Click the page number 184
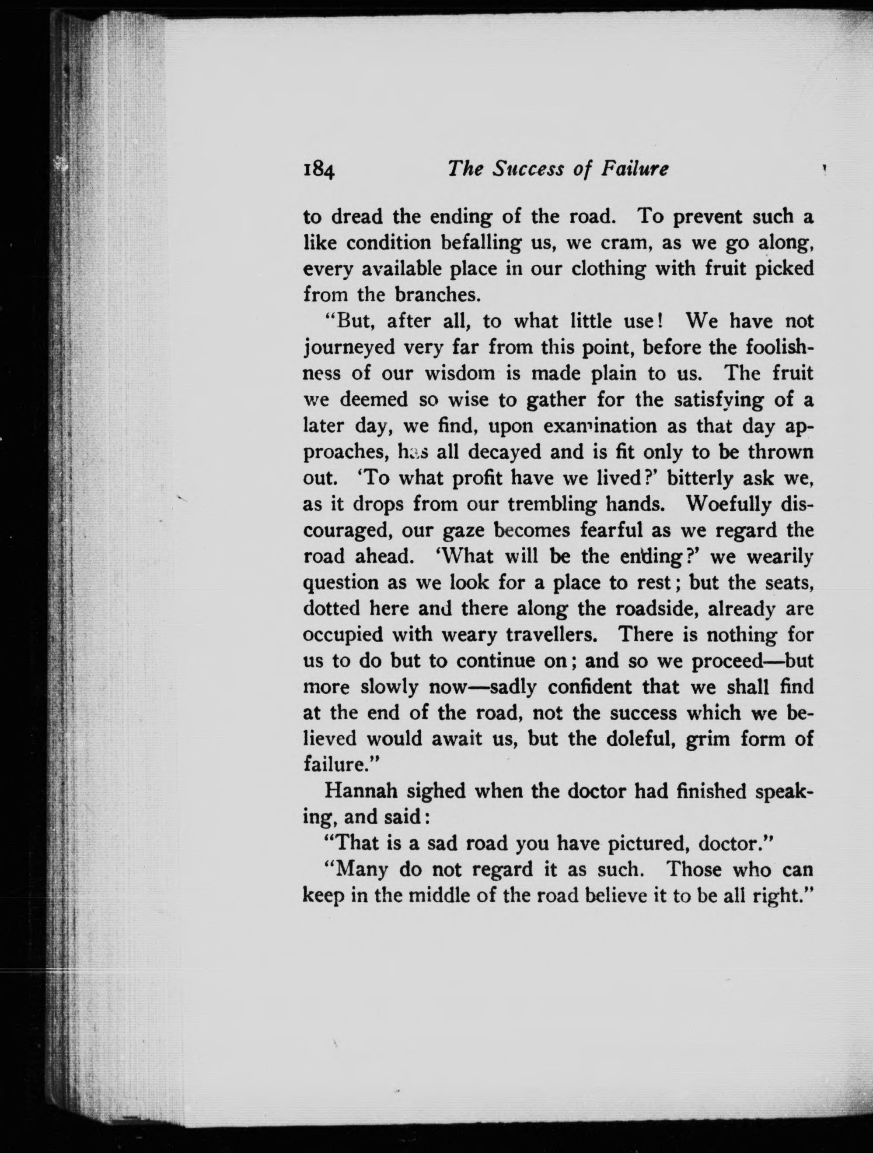(x=319, y=170)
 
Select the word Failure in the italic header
(x=635, y=169)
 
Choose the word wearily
(x=780, y=557)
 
